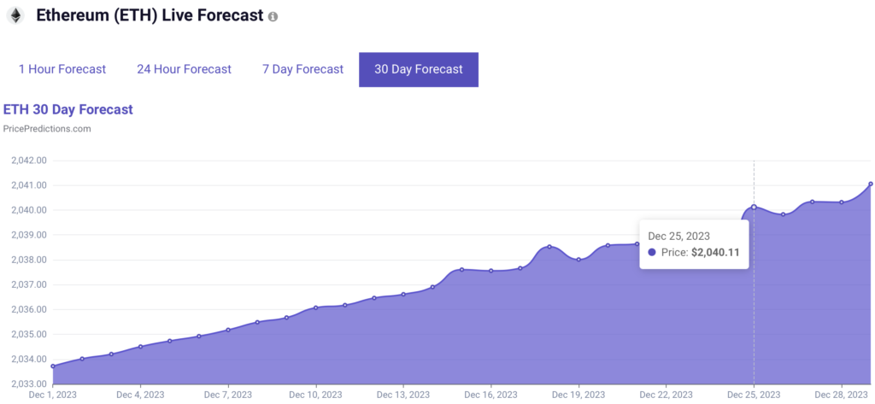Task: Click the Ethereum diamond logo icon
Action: pyautogui.click(x=15, y=15)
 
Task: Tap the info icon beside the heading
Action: pyautogui.click(x=273, y=17)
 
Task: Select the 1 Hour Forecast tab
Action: pyautogui.click(x=62, y=70)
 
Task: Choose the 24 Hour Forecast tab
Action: pyautogui.click(x=185, y=70)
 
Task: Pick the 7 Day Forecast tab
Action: pyautogui.click(x=303, y=70)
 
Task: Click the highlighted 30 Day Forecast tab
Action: pyautogui.click(x=419, y=70)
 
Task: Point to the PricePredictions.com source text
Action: pyautogui.click(x=47, y=129)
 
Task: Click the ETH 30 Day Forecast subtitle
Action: pyautogui.click(x=68, y=109)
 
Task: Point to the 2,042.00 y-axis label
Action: pyautogui.click(x=28, y=161)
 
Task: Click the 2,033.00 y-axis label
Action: pyautogui.click(x=28, y=384)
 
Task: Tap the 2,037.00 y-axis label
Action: pyautogui.click(x=28, y=284)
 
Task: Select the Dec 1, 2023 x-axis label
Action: pyautogui.click(x=53, y=395)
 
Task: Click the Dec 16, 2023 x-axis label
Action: pyautogui.click(x=490, y=395)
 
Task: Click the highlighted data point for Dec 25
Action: pyautogui.click(x=754, y=207)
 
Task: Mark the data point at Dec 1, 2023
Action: pyautogui.click(x=53, y=366)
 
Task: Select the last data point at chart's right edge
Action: pyautogui.click(x=871, y=184)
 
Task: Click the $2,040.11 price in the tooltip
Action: pyautogui.click(x=715, y=252)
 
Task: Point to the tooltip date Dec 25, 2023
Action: pyautogui.click(x=679, y=237)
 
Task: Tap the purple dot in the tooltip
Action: pyautogui.click(x=652, y=252)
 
